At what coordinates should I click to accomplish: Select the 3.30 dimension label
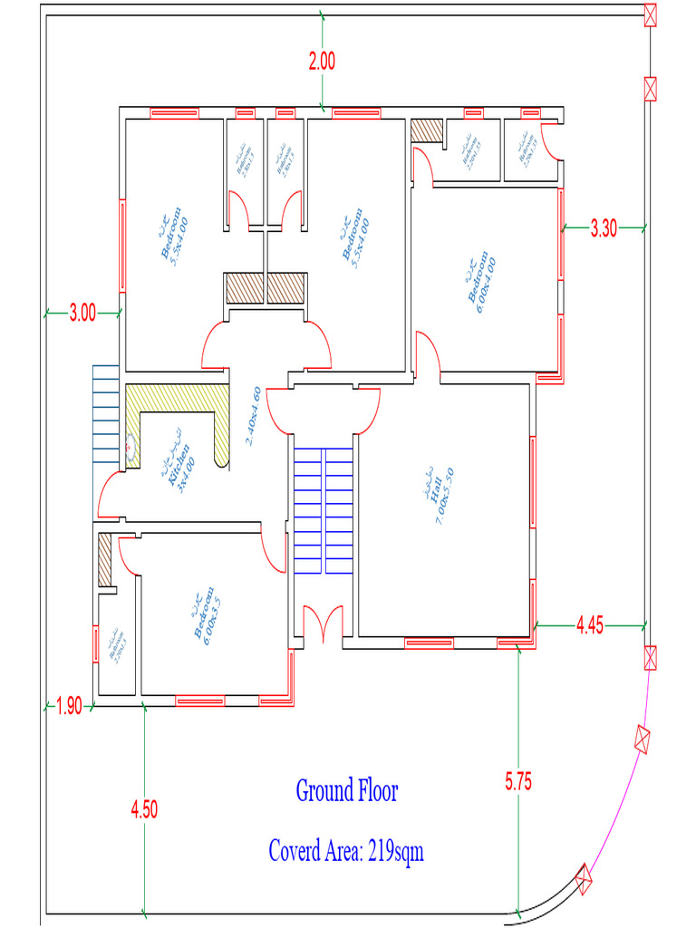tap(603, 228)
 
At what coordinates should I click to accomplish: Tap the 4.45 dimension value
tap(590, 625)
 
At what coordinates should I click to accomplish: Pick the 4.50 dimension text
tap(144, 809)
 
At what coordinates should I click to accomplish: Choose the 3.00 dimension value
tap(82, 314)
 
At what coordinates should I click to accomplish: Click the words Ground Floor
tap(347, 790)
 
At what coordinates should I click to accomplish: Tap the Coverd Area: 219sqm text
tap(346, 852)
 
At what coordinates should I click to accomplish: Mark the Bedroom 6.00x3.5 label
tap(204, 616)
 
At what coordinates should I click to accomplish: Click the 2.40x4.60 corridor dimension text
tap(255, 416)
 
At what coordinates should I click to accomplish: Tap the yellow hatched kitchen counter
tap(177, 398)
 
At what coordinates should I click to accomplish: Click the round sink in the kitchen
tap(131, 447)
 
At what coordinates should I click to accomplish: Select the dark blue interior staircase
tap(323, 510)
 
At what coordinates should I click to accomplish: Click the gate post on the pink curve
tap(643, 739)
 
